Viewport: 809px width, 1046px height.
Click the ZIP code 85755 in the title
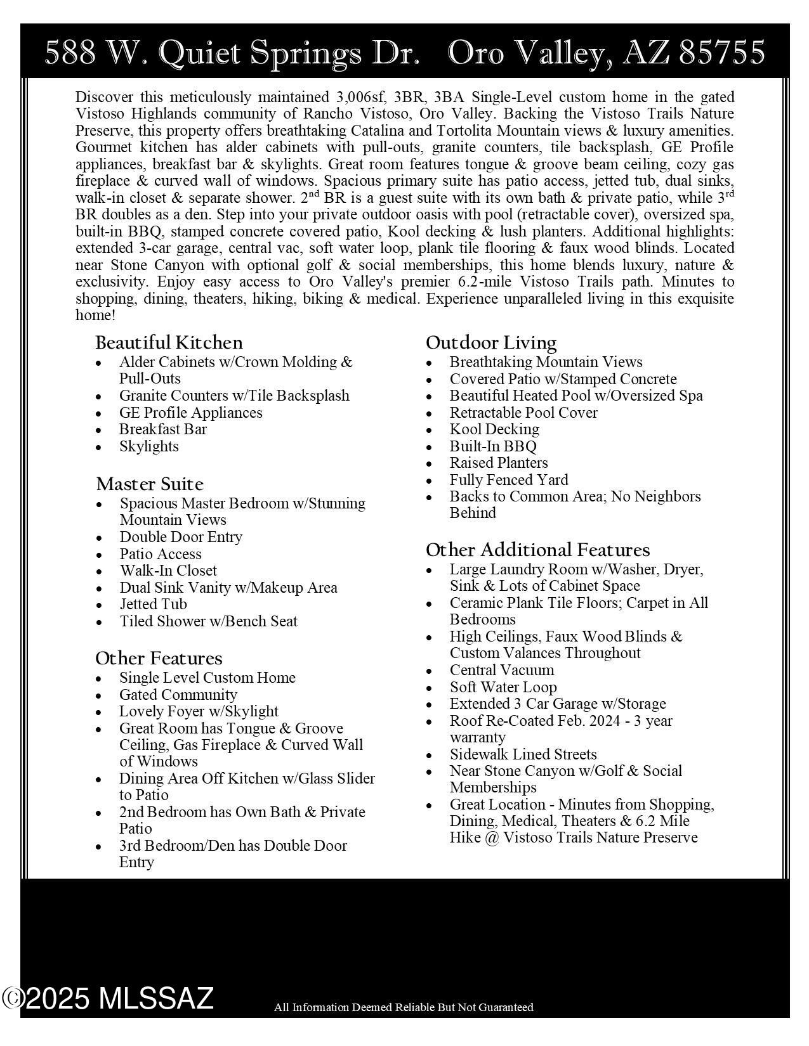pyautogui.click(x=721, y=53)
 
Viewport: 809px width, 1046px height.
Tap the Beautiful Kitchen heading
pyautogui.click(x=169, y=343)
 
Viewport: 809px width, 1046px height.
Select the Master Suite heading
pyautogui.click(x=150, y=484)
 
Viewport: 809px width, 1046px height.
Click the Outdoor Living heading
pyautogui.click(x=491, y=343)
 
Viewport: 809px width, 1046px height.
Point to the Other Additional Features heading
pyautogui.click(x=537, y=550)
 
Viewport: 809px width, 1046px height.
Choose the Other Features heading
pyautogui.click(x=159, y=658)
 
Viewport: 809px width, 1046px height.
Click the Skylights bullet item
pyautogui.click(x=149, y=446)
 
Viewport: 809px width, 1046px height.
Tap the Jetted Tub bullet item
pyautogui.click(x=154, y=604)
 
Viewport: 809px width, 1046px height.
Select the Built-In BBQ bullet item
pyautogui.click(x=493, y=446)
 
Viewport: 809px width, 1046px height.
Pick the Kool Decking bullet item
pyautogui.click(x=494, y=429)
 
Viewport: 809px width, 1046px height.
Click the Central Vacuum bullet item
pyautogui.click(x=502, y=670)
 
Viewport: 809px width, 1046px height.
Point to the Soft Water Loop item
pyautogui.click(x=503, y=687)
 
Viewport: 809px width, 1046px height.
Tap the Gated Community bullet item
pyautogui.click(x=178, y=695)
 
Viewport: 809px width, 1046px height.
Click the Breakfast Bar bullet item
pyautogui.click(x=163, y=429)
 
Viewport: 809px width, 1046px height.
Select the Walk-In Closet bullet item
pyautogui.click(x=168, y=571)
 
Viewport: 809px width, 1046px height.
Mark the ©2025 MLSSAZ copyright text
pyautogui.click(x=108, y=998)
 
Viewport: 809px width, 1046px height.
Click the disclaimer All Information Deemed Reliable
pyautogui.click(x=404, y=1007)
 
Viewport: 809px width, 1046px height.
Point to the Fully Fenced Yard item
pyautogui.click(x=509, y=480)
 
